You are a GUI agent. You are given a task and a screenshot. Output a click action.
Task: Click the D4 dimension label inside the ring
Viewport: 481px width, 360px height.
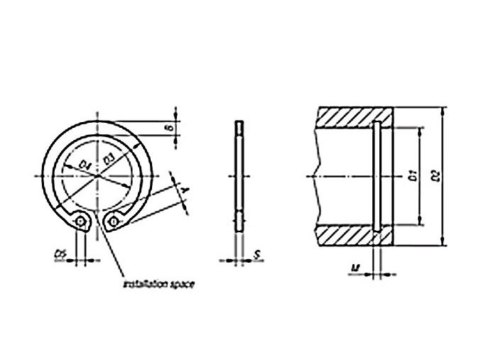85,165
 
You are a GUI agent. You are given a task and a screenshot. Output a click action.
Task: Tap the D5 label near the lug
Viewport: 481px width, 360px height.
61,253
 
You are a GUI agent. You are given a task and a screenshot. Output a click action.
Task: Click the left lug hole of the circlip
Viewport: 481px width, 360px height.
82,224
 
